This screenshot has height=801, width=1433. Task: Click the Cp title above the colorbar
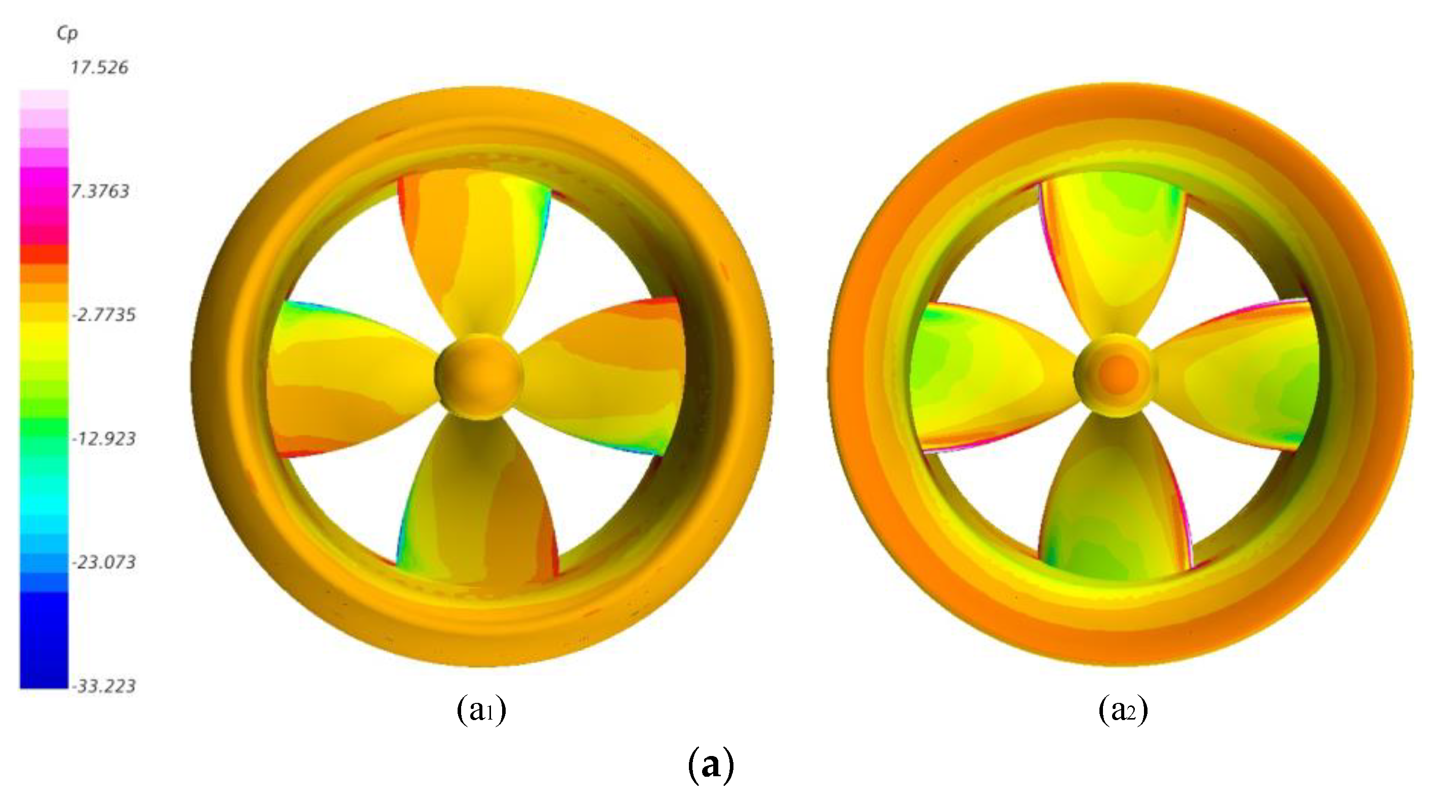tap(67, 34)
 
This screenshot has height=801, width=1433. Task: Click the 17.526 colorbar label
tap(99, 68)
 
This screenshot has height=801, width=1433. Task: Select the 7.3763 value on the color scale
tap(100, 191)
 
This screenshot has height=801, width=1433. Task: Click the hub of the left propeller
tap(479, 377)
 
